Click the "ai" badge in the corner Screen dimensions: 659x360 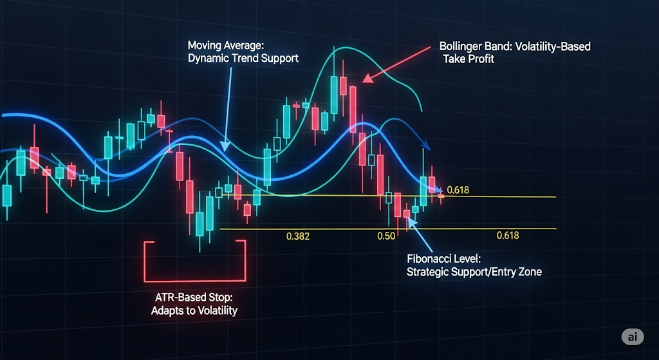pos(633,337)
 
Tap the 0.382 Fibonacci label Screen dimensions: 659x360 pos(297,236)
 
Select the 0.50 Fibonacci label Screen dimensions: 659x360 pos(387,236)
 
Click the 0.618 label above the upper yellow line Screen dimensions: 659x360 pos(458,190)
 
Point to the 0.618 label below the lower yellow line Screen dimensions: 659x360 pos(508,236)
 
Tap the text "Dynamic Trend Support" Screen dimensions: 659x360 pos(243,58)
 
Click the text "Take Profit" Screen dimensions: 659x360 pos(469,59)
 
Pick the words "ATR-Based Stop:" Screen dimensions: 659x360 pos(194,298)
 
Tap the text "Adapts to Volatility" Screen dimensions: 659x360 pos(194,312)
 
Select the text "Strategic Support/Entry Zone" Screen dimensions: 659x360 pos(474,272)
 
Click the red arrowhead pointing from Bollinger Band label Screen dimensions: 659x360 pos(366,79)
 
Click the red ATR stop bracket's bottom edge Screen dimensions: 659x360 pos(194,281)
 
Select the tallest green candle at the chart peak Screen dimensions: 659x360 pos(334,95)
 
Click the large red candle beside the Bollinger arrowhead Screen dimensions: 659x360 pos(353,109)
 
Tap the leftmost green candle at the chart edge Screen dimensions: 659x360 pos(6,196)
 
